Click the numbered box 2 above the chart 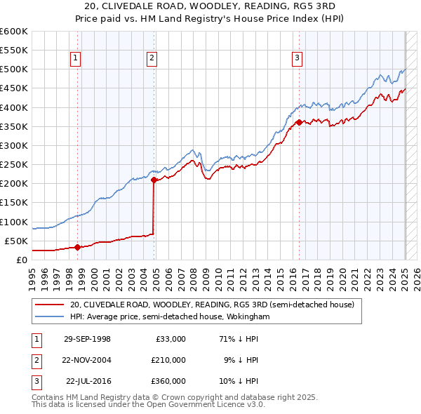(x=152, y=58)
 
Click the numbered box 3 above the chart (x=297, y=58)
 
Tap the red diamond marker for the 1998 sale (x=79, y=246)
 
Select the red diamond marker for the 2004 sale (x=154, y=180)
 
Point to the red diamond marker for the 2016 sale (x=300, y=122)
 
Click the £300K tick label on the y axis (x=13, y=145)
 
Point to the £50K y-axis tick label (x=16, y=241)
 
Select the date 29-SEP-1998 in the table (x=87, y=338)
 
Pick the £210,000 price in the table (x=168, y=359)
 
